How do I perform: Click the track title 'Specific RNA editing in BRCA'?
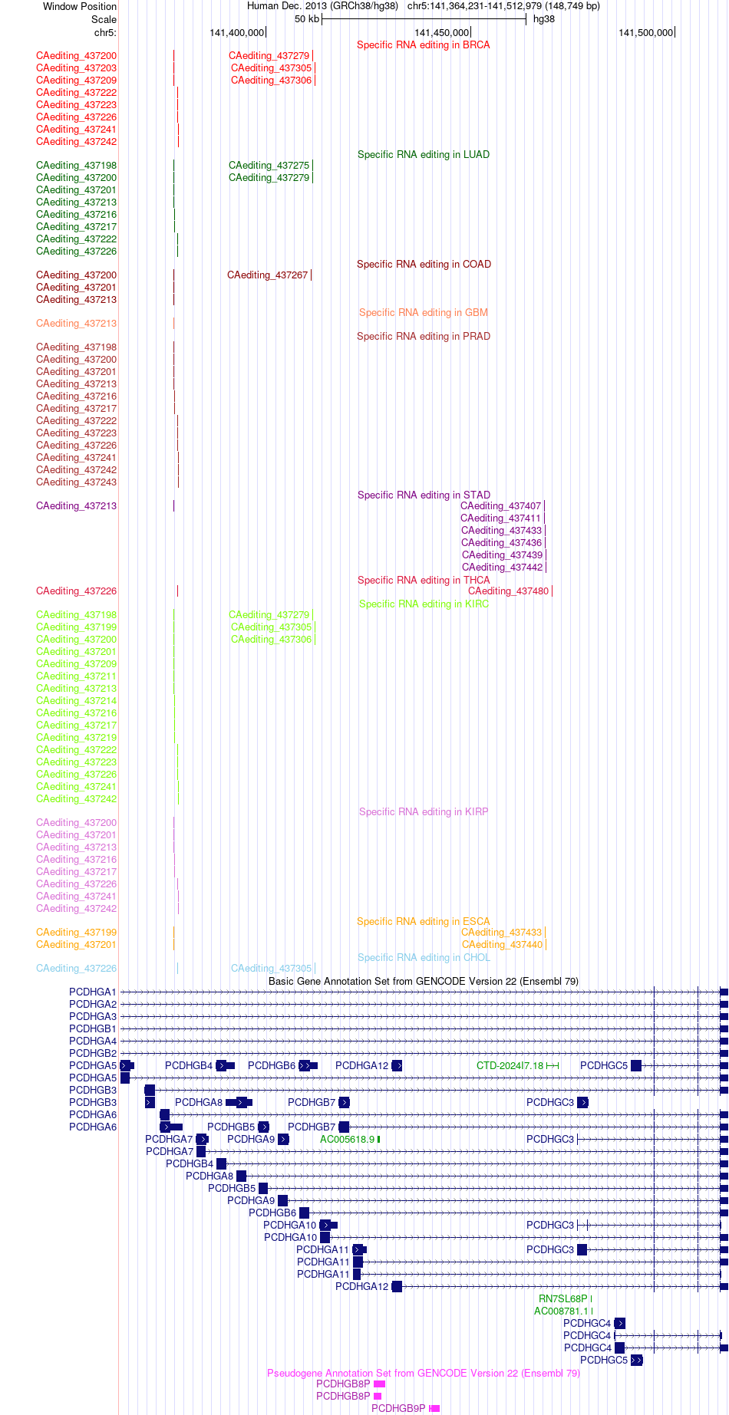click(x=424, y=45)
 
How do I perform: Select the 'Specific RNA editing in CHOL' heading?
click(x=424, y=958)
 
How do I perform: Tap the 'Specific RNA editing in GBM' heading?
click(x=424, y=313)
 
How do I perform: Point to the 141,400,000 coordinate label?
click(x=236, y=33)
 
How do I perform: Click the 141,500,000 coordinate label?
click(x=645, y=33)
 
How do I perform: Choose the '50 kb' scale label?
click(x=307, y=19)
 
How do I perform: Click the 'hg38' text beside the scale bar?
click(x=544, y=19)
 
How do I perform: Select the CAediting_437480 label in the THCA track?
click(x=508, y=591)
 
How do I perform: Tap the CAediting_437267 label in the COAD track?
click(x=267, y=275)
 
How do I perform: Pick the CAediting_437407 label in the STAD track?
click(x=500, y=506)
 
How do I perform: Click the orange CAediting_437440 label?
click(x=502, y=945)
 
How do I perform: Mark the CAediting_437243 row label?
click(x=76, y=482)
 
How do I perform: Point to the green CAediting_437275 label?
click(x=269, y=166)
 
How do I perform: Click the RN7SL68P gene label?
click(x=562, y=1299)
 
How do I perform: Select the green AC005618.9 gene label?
click(x=347, y=1140)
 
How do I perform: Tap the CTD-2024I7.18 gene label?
click(x=510, y=1066)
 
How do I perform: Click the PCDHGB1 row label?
click(x=93, y=1029)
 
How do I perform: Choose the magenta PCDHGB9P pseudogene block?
click(x=435, y=1409)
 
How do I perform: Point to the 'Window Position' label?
click(x=80, y=7)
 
